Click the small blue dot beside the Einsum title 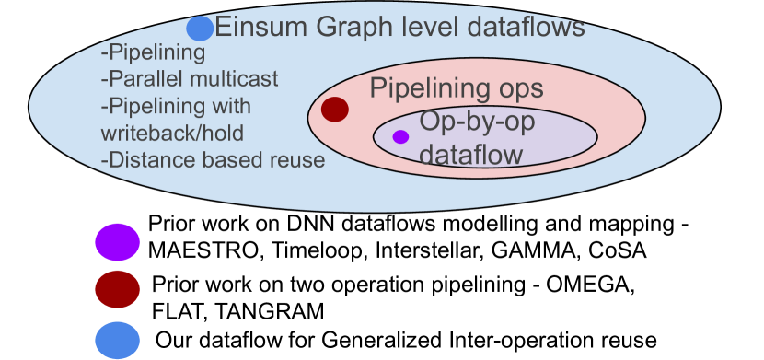coord(200,29)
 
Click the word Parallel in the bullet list coord(141,78)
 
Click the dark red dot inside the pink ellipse coord(335,110)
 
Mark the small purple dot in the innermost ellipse coord(400,137)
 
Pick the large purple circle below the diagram coord(117,242)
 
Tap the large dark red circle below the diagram coord(117,289)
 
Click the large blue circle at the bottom coord(117,340)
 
